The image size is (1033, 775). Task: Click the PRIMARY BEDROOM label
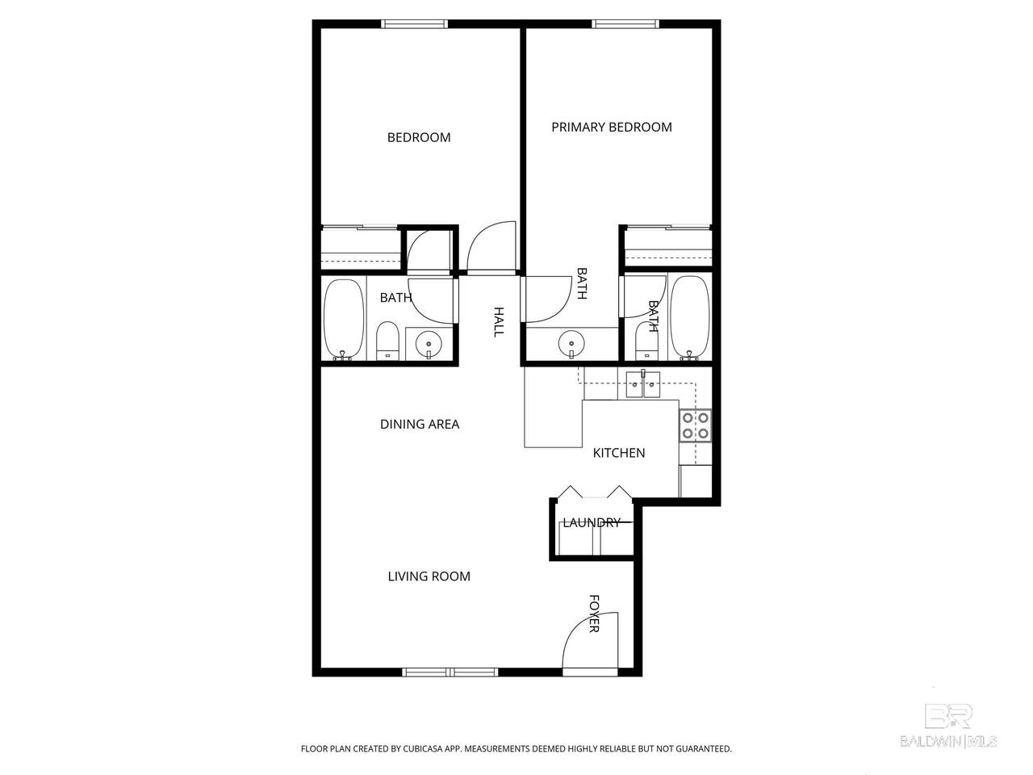point(612,127)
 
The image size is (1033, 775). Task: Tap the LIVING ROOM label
point(429,576)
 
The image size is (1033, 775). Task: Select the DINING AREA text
point(420,424)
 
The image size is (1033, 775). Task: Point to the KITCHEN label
point(619,453)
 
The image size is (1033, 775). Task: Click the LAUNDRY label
point(592,522)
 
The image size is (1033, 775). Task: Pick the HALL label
point(499,322)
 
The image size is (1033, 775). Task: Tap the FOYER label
point(595,614)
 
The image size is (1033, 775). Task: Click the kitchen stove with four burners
point(695,426)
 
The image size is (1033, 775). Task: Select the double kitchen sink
point(643,384)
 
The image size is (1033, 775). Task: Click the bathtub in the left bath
point(344,320)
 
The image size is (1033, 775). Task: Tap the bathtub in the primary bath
point(689,317)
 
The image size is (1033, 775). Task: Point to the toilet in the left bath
point(388,341)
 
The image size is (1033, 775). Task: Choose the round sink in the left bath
point(429,345)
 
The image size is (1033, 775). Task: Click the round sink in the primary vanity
point(571,344)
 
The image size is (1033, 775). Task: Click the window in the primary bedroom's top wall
point(625,24)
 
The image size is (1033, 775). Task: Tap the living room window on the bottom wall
point(450,672)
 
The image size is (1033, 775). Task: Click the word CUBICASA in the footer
point(423,748)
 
